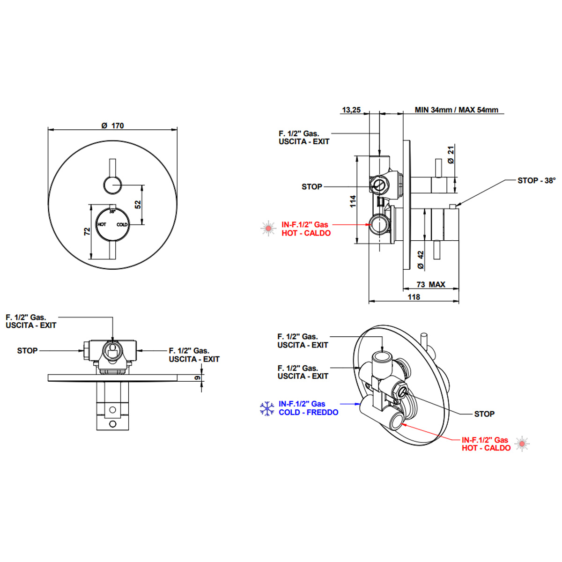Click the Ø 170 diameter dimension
point(112,126)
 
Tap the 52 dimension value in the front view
point(138,205)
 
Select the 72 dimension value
point(87,231)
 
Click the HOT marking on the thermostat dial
point(102,224)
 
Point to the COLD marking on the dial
point(122,225)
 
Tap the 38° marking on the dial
point(112,212)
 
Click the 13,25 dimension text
point(351,110)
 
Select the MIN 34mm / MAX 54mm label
point(457,110)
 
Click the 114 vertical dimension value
point(353,201)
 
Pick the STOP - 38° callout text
point(537,180)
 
